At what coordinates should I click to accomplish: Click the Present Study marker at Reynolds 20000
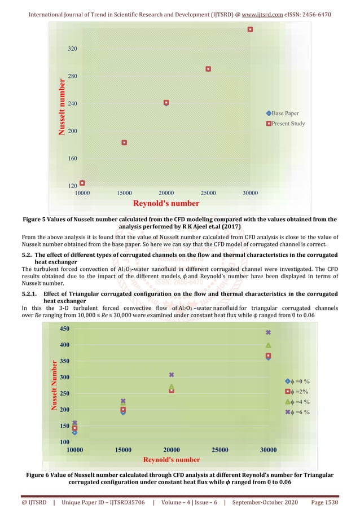pyautogui.click(x=166, y=103)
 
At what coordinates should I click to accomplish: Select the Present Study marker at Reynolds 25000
pyautogui.click(x=208, y=69)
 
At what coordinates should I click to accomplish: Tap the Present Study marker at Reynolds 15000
pyautogui.click(x=124, y=143)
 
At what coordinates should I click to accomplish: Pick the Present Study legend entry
pyautogui.click(x=286, y=124)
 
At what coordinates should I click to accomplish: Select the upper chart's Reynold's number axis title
pyautogui.click(x=166, y=203)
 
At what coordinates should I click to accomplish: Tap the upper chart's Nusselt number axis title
pyautogui.click(x=63, y=108)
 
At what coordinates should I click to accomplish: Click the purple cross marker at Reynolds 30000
pyautogui.click(x=269, y=332)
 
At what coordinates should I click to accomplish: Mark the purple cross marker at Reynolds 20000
pyautogui.click(x=172, y=375)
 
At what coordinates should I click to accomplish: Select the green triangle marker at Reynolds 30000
pyautogui.click(x=269, y=345)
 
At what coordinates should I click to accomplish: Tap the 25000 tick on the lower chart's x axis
pyautogui.click(x=219, y=450)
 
